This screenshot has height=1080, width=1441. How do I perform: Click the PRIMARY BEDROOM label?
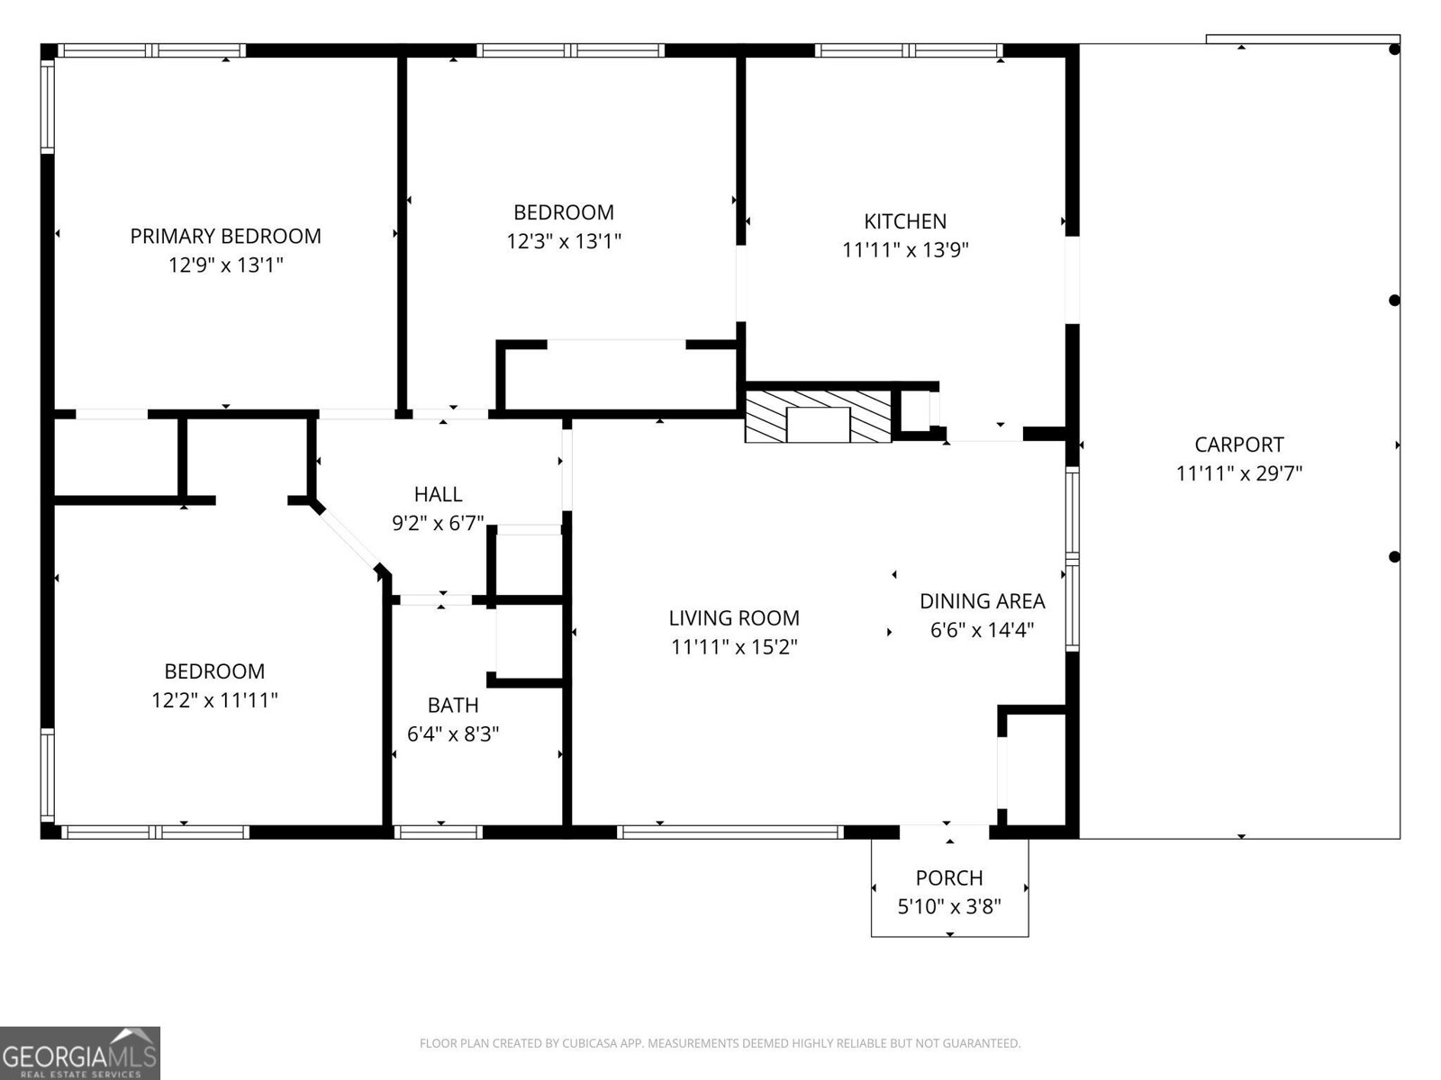225,236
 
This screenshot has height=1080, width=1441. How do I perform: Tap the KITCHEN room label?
905,221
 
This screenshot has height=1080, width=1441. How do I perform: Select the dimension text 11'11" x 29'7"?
1239,473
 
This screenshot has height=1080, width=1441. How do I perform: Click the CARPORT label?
1239,445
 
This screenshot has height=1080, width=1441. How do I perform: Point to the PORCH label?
949,877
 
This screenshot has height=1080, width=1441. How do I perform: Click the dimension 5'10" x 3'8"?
949,906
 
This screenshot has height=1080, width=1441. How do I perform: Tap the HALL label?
438,494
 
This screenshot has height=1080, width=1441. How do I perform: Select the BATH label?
453,706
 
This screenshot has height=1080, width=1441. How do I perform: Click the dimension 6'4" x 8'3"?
453,734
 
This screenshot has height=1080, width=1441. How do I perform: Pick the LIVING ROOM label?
734,618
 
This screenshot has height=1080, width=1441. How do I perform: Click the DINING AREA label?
982,601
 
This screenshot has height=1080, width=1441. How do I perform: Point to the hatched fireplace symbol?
818,416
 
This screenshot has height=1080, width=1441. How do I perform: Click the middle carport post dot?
1394,301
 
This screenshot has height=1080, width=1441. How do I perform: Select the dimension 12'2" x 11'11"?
214,700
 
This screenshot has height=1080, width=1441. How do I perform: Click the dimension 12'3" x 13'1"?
564,241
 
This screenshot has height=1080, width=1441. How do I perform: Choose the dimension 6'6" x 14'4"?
982,630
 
